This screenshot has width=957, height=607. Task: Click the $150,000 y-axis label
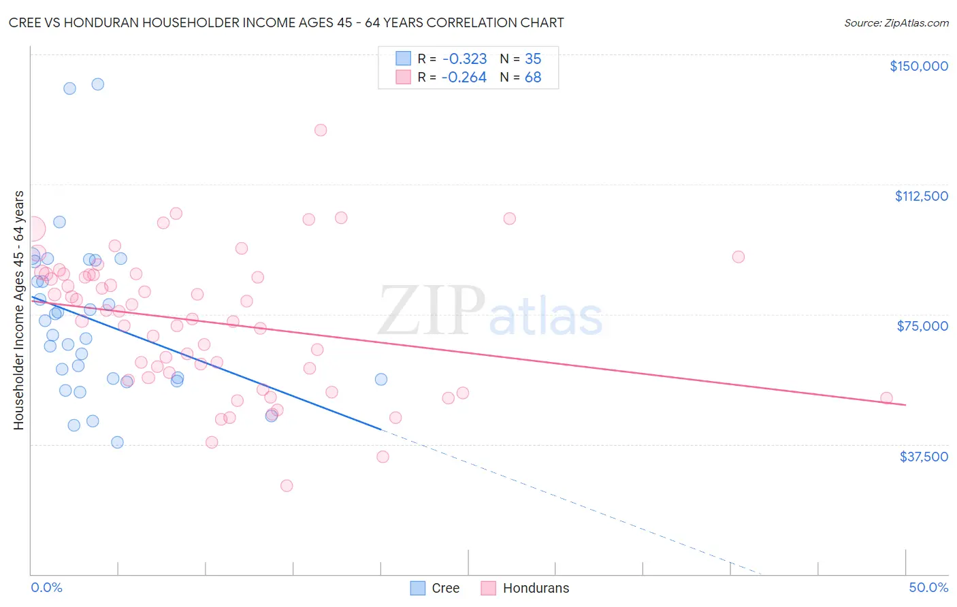pos(918,66)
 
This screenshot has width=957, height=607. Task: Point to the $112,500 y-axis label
pos(921,196)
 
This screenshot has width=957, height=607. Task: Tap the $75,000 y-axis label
pos(922,326)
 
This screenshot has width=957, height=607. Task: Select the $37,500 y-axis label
pos(924,457)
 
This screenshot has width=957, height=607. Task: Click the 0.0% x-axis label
pos(46,587)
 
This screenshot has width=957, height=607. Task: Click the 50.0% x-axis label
pos(928,587)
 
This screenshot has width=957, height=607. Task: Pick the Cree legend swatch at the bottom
pos(418,588)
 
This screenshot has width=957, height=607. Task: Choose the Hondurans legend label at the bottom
pos(536,588)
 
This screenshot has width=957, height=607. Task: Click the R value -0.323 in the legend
pos(464,59)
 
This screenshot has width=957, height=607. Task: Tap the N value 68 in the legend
pos(533,78)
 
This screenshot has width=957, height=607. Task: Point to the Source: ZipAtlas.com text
pos(896,23)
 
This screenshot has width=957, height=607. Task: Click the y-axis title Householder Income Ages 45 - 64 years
pos(19,310)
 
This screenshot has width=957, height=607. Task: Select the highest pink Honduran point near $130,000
pos(321,130)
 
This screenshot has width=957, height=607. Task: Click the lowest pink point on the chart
pos(287,486)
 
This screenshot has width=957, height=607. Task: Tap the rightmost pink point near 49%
pos(886,398)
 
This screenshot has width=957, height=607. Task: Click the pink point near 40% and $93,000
pos(739,257)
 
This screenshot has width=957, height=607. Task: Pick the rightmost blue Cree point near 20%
pos(381,379)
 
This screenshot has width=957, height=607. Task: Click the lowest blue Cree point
pos(117,442)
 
